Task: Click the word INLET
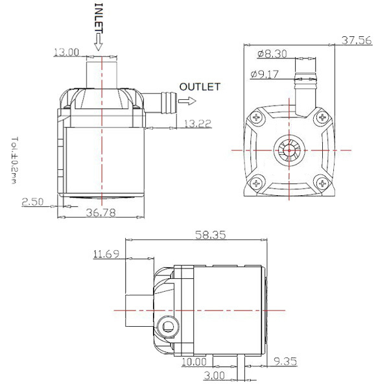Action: pyautogui.click(x=99, y=18)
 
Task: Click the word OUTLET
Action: pyautogui.click(x=200, y=86)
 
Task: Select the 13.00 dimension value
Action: pyautogui.click(x=66, y=52)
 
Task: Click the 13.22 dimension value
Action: pyautogui.click(x=196, y=123)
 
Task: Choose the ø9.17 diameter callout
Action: pyautogui.click(x=265, y=75)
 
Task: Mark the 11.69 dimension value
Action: pyautogui.click(x=106, y=254)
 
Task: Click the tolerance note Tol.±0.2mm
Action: pyautogui.click(x=14, y=159)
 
